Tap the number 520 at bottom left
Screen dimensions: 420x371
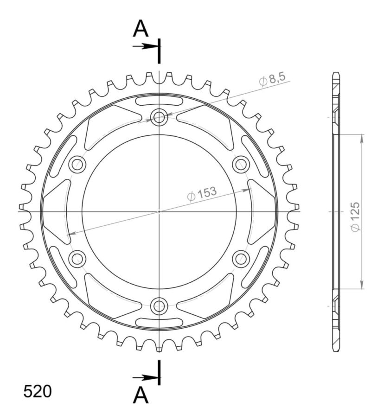click(x=38, y=392)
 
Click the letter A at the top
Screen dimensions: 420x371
click(x=141, y=29)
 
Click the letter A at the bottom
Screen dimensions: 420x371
click(x=141, y=395)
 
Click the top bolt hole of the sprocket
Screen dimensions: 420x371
click(x=159, y=117)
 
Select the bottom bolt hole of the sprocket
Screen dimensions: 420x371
click(x=159, y=305)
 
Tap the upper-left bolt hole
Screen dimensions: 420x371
click(x=77, y=164)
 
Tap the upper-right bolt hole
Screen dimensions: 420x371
click(x=241, y=164)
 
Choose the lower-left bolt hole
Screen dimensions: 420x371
click(x=77, y=258)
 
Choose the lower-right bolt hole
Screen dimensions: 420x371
click(x=241, y=258)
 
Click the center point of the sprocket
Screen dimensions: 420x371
click(x=159, y=211)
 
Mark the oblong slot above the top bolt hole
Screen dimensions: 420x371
click(x=159, y=101)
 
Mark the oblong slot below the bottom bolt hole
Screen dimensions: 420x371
click(x=159, y=322)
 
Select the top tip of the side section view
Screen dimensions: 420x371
click(x=336, y=74)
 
